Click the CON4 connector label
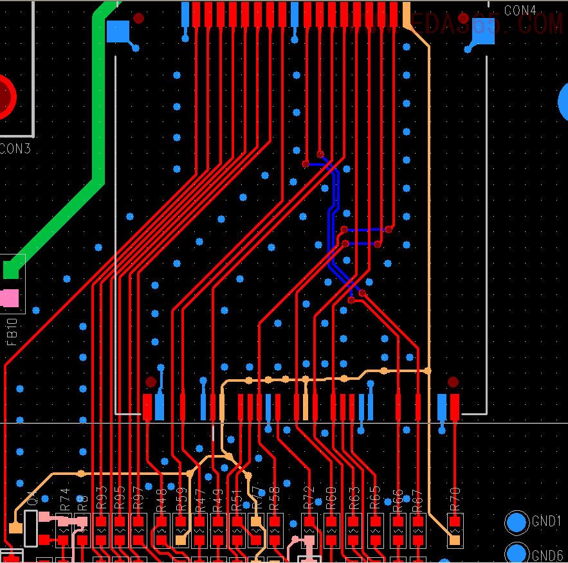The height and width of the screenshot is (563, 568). pos(520,10)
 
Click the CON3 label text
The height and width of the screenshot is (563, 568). pos(15,149)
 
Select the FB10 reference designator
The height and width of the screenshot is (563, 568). pos(12,332)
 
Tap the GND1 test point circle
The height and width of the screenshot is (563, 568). pos(516,523)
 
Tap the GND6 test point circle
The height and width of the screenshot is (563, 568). pos(516,553)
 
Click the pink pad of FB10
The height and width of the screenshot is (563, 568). pos(10,298)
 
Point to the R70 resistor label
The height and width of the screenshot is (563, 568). pos(455,499)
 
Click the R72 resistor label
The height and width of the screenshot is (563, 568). pos(309,499)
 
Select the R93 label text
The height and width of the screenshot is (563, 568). pos(102,499)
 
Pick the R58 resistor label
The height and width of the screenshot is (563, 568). pos(275,499)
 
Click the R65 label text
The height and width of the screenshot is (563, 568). pos(374,499)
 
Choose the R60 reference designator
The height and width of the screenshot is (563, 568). pos(331,499)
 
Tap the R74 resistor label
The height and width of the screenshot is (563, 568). pos(64,499)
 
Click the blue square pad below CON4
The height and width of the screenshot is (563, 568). pos(483,31)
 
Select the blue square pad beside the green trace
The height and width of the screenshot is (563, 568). pos(118,31)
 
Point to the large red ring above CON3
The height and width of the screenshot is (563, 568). pos(3,96)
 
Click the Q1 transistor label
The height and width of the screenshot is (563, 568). pos(31,499)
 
